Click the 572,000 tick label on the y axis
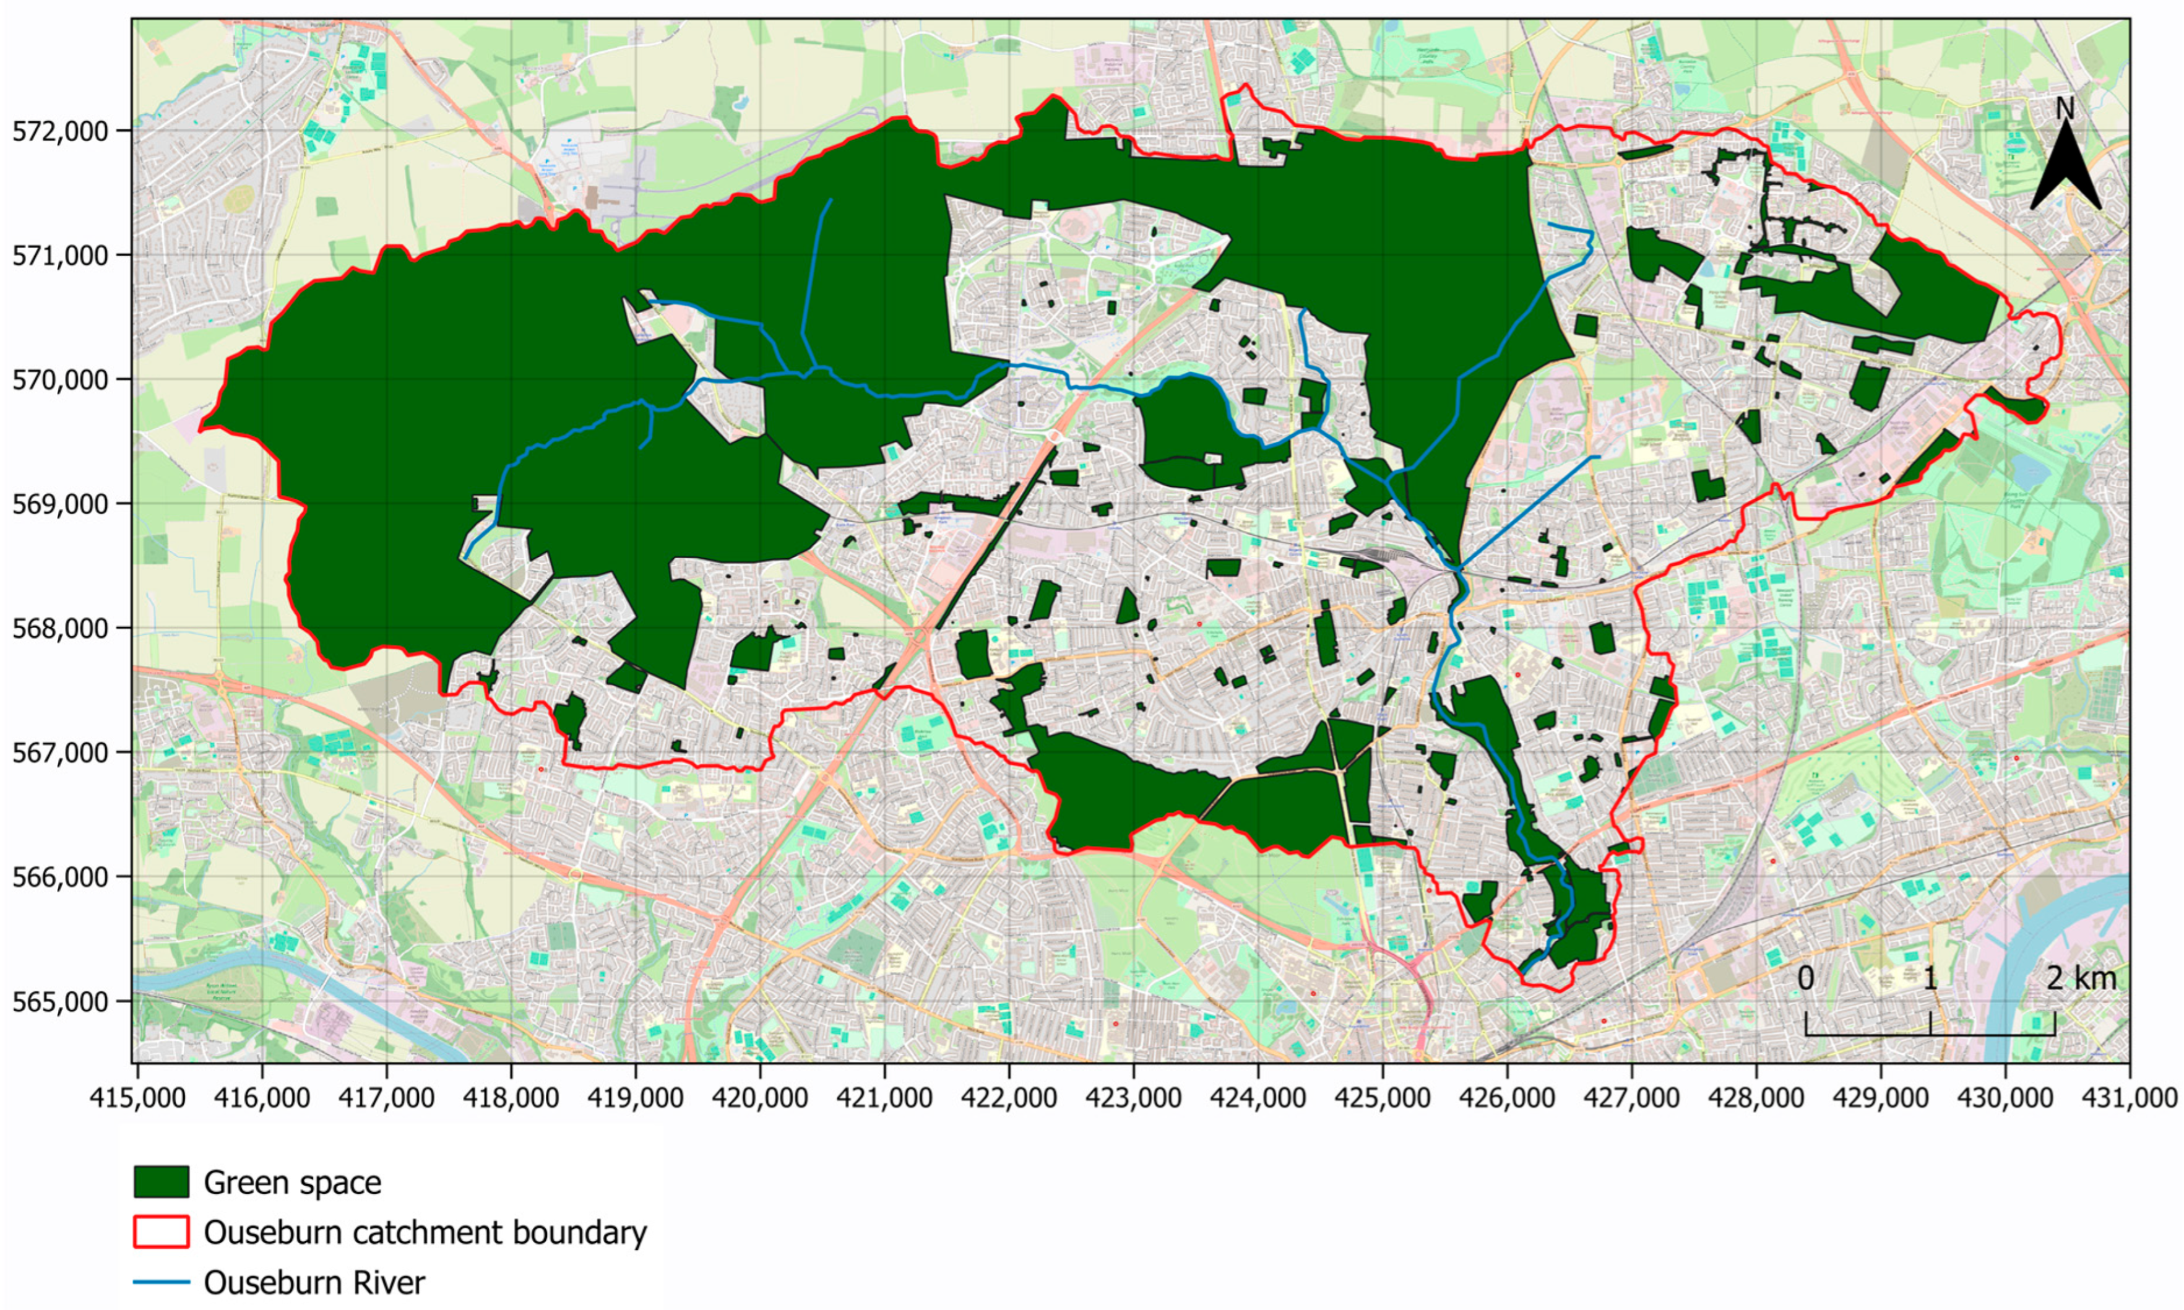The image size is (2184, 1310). pos(60,131)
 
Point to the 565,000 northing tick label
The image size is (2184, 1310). pos(60,1002)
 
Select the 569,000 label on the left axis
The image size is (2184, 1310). pos(60,504)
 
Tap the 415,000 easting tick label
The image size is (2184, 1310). pos(138,1098)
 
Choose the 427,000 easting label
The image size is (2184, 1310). pos(1631,1098)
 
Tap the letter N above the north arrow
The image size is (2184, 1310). pos(2065,108)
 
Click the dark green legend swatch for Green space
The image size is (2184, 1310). pos(161,1182)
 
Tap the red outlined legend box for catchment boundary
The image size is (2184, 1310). pos(161,1232)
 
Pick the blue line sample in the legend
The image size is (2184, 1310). pos(161,1282)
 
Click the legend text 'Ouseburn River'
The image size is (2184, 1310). pos(314,1282)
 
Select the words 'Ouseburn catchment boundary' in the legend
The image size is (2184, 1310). pos(425,1232)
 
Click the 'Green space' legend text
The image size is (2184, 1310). pos(292,1182)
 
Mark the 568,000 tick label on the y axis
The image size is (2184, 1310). pos(60,629)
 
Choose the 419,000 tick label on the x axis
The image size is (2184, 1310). pos(636,1098)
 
